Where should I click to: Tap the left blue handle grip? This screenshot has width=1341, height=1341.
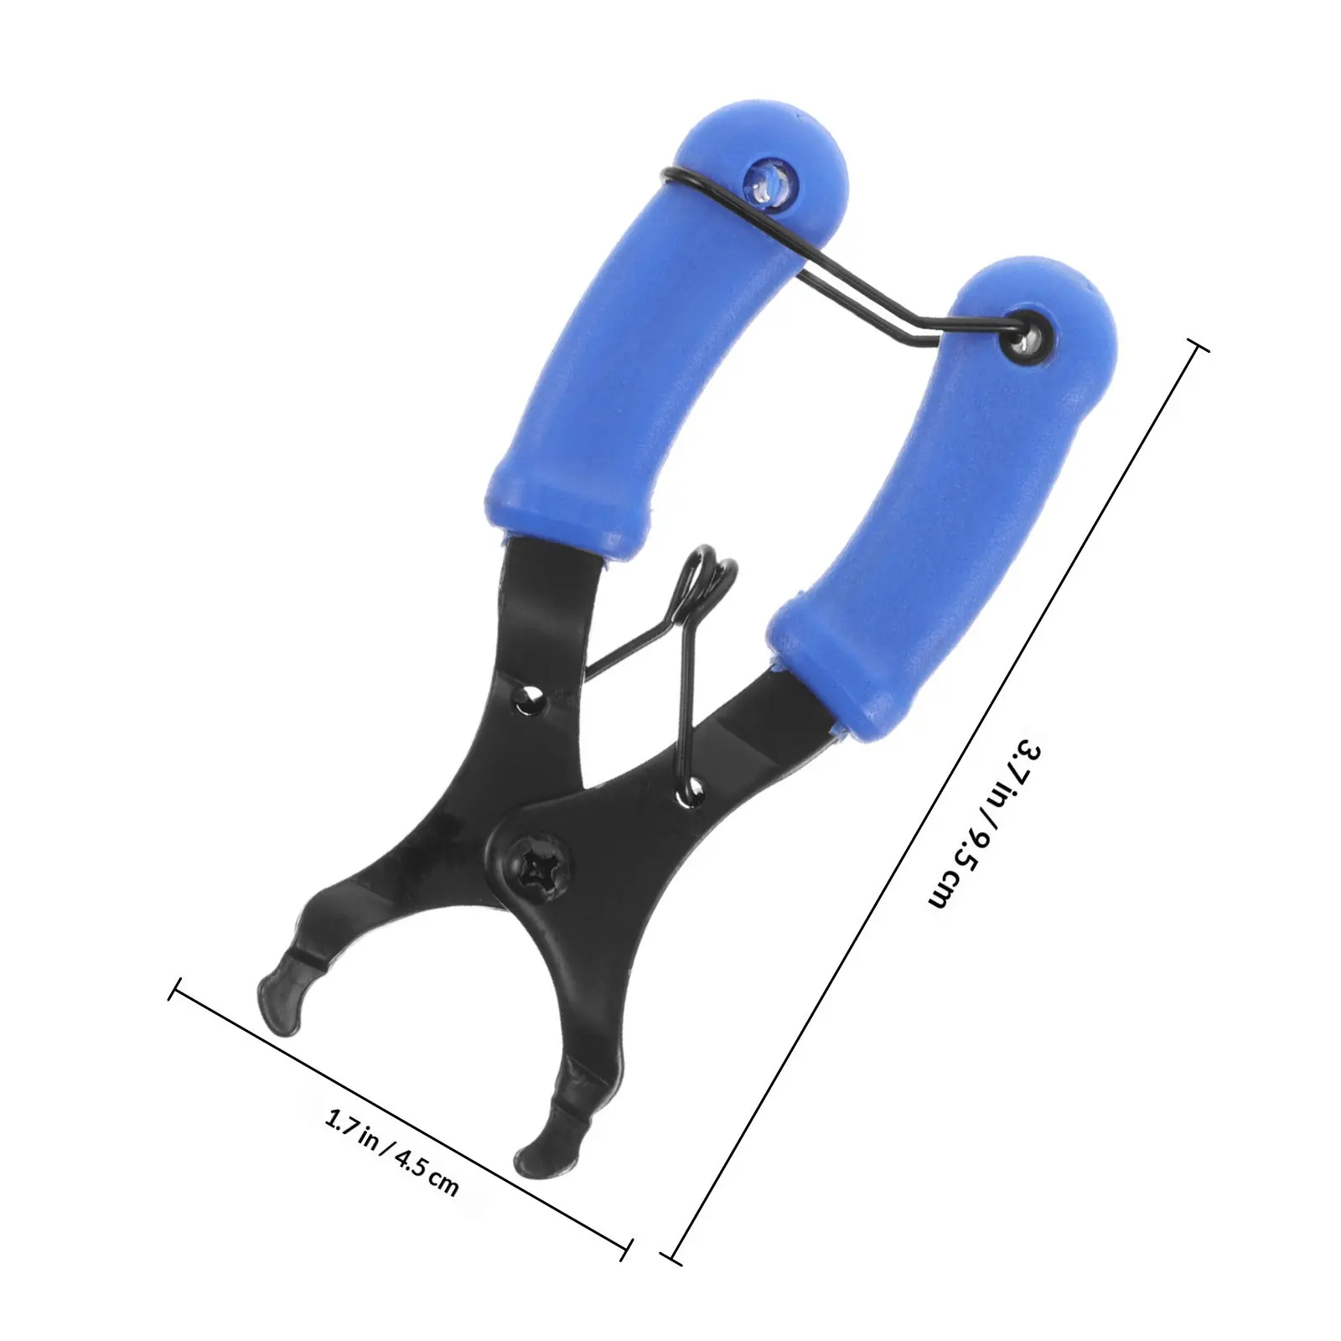(x=662, y=335)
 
